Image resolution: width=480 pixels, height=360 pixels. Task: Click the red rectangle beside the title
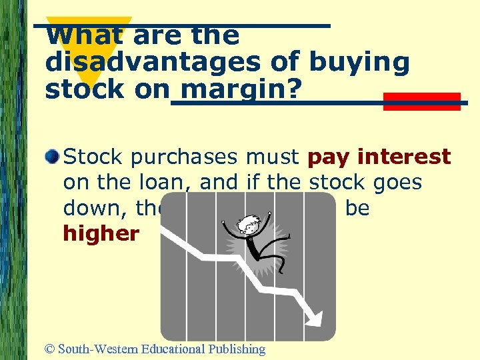coord(422,101)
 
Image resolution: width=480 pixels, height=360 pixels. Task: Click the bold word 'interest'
coord(404,157)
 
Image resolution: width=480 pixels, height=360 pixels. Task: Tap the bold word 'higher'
coord(101,234)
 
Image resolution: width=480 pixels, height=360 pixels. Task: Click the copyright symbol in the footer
coord(50,349)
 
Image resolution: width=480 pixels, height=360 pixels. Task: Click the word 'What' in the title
coord(71,35)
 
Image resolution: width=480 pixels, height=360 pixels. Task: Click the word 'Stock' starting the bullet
coord(93,157)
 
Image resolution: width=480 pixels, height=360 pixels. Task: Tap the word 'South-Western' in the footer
coord(96,349)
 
